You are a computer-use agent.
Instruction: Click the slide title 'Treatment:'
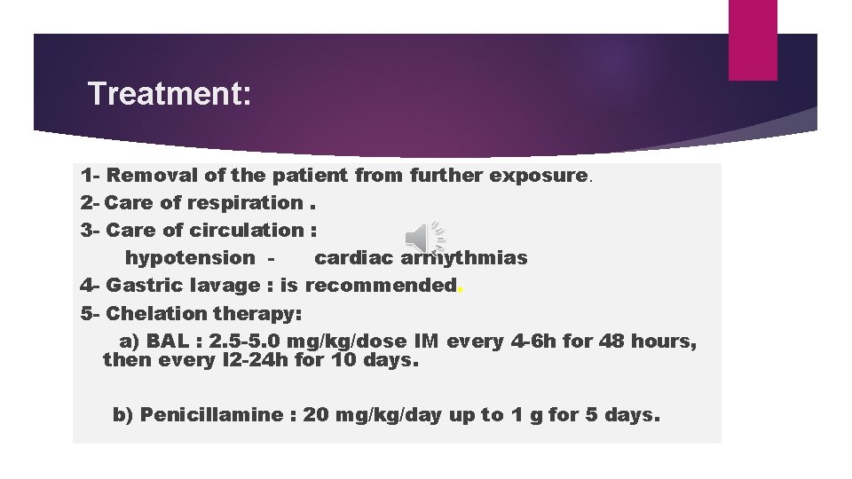(170, 93)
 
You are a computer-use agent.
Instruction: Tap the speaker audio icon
(423, 238)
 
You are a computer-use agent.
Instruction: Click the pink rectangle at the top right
(752, 39)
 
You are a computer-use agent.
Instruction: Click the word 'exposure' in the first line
(541, 175)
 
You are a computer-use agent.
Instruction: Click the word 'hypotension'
(189, 257)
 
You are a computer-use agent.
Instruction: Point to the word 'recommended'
(380, 285)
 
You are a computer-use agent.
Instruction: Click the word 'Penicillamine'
(209, 414)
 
